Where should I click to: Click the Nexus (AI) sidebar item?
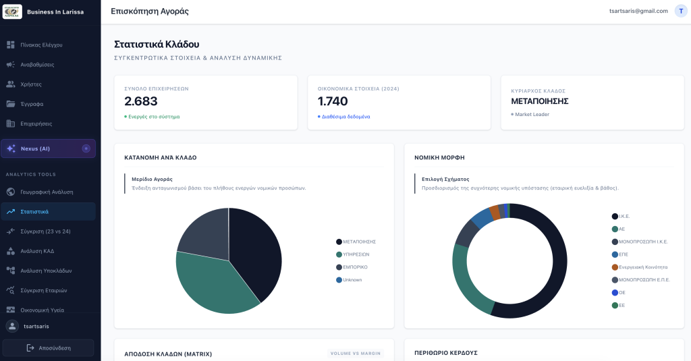[x=48, y=148]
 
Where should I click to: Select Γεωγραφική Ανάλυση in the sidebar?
[x=47, y=192]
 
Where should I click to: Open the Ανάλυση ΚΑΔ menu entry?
[x=37, y=251]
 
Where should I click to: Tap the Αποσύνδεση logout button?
[x=48, y=348]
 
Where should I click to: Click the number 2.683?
[x=141, y=101]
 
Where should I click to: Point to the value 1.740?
[x=333, y=101]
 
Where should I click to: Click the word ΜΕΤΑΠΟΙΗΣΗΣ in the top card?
[x=539, y=101]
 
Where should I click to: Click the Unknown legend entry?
[x=349, y=280]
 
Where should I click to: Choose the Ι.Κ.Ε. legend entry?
[x=621, y=217]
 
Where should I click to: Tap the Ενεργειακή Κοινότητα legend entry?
[x=640, y=267]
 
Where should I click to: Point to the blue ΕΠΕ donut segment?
[x=482, y=218]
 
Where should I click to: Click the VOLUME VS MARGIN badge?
[x=355, y=354]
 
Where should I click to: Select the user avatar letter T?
[x=681, y=11]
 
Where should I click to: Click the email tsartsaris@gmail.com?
[x=638, y=11]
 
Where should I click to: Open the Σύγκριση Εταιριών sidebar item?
[x=44, y=290]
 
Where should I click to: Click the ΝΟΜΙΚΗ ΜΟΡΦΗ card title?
[x=439, y=157]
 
